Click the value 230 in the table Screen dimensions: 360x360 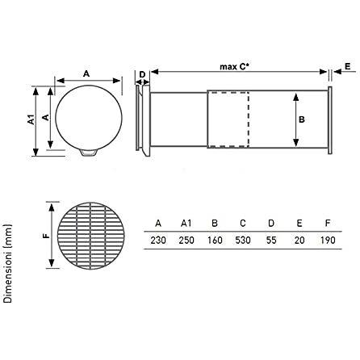click(158, 240)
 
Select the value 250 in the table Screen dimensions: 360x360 click(186, 240)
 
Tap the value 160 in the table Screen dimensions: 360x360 click(215, 240)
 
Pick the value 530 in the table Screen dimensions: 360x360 click(243, 240)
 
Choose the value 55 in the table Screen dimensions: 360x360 click(271, 240)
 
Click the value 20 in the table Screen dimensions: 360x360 click(299, 240)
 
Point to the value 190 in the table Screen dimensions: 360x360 click(328, 240)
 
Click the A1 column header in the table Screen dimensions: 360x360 click(186, 224)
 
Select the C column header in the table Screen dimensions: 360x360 click(243, 224)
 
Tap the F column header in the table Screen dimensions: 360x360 click(328, 224)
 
